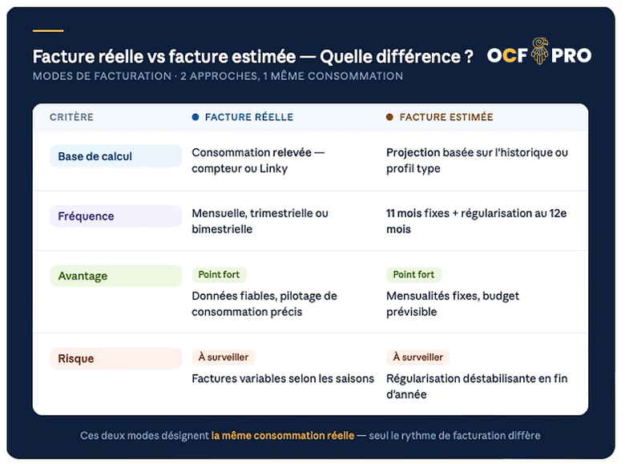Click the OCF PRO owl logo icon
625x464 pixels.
538,54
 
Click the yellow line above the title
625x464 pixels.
48,31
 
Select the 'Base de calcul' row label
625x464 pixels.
115,156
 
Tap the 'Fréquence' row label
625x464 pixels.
115,216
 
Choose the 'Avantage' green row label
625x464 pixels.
115,276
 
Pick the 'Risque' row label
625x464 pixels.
115,359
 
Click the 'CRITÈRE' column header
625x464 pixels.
71,117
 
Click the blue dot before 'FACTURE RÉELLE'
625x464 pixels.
196,117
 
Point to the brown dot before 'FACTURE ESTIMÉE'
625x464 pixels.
389,117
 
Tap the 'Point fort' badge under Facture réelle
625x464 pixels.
219,275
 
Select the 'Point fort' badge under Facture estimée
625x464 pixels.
413,275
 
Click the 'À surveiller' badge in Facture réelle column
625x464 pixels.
224,357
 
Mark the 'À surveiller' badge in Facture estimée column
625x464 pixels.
417,357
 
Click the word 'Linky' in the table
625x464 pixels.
273,168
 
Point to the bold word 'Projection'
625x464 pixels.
413,152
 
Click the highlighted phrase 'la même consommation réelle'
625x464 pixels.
282,436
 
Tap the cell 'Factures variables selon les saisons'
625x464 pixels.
283,378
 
